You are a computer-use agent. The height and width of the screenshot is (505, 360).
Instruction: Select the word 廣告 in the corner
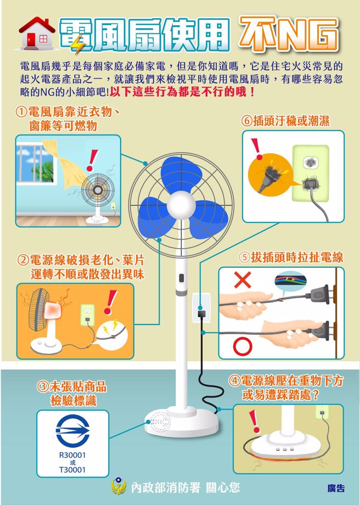(x=335, y=487)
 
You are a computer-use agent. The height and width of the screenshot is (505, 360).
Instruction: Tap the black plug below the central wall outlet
(x=201, y=314)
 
